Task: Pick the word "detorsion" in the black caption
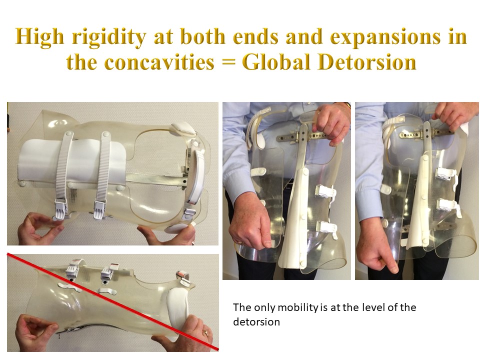pyautogui.click(x=256, y=322)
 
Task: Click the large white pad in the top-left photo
pyautogui.click(x=72, y=162)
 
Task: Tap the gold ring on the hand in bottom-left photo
pyautogui.click(x=206, y=332)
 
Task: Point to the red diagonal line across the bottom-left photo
pyautogui.click(x=113, y=301)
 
